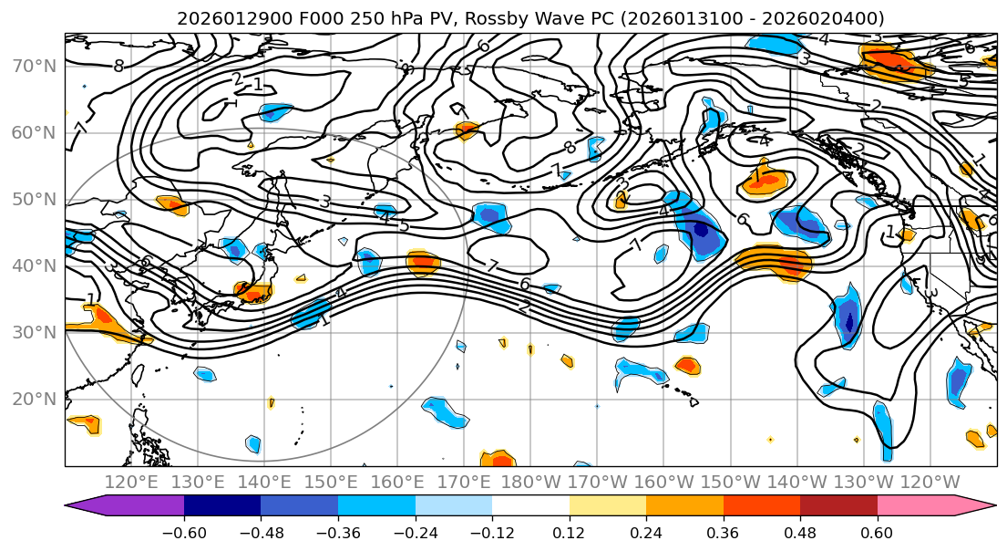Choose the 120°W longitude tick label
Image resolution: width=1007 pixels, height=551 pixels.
tap(930, 482)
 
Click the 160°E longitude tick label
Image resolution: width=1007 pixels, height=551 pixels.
tap(397, 482)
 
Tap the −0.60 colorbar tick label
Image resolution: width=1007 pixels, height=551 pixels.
tap(184, 530)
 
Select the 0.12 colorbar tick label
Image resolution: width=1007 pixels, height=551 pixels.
tap(570, 530)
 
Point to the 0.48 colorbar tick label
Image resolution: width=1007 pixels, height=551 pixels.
tap(800, 530)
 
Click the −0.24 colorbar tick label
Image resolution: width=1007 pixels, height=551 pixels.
tap(415, 530)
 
